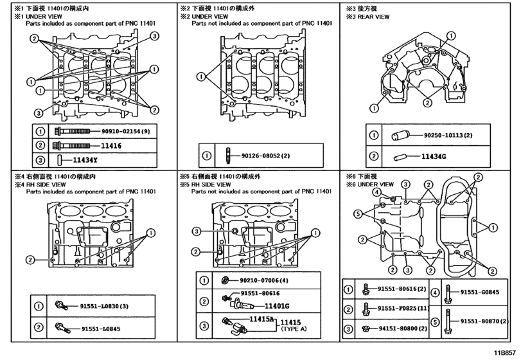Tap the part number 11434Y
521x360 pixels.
84,159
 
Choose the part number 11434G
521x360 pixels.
434,156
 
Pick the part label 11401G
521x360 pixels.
278,306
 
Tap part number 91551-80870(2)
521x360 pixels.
484,319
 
